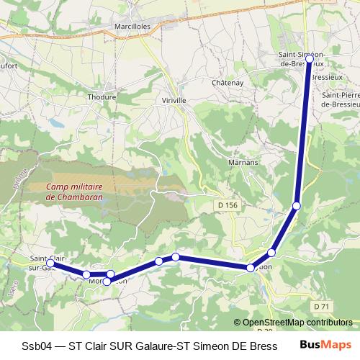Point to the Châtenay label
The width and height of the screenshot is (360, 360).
[229, 83]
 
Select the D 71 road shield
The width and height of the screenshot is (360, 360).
[322, 307]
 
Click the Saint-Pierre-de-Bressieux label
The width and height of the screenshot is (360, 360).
[340, 100]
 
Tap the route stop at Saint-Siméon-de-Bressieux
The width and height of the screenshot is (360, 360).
[310, 58]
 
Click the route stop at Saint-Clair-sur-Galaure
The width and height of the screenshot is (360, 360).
[52, 264]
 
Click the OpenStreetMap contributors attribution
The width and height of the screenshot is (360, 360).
[295, 323]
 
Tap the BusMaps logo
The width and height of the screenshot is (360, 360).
[325, 345]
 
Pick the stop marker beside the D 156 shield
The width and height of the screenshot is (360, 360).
[296, 207]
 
